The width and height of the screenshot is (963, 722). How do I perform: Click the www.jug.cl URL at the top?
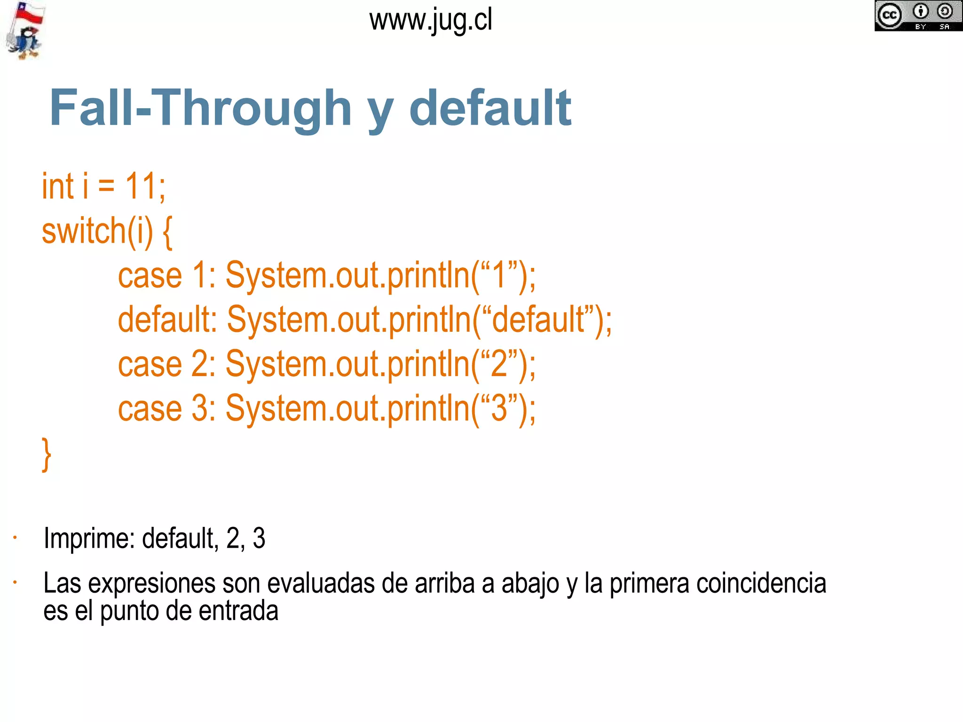pyautogui.click(x=430, y=21)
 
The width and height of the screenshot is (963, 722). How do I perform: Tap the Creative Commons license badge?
pyautogui.click(x=918, y=16)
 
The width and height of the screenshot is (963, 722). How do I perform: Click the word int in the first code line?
pyautogui.click(x=58, y=186)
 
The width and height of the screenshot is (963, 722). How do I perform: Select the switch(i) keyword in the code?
pyautogui.click(x=97, y=231)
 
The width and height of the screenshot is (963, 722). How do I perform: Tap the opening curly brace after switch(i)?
pyautogui.click(x=167, y=232)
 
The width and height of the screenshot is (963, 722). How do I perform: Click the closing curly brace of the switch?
pyautogui.click(x=46, y=454)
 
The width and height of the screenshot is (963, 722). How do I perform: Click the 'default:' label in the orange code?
pyautogui.click(x=167, y=320)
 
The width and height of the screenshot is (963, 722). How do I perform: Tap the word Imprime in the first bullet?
pyautogui.click(x=89, y=538)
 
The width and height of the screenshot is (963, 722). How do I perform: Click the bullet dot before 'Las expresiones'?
pyautogui.click(x=16, y=582)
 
